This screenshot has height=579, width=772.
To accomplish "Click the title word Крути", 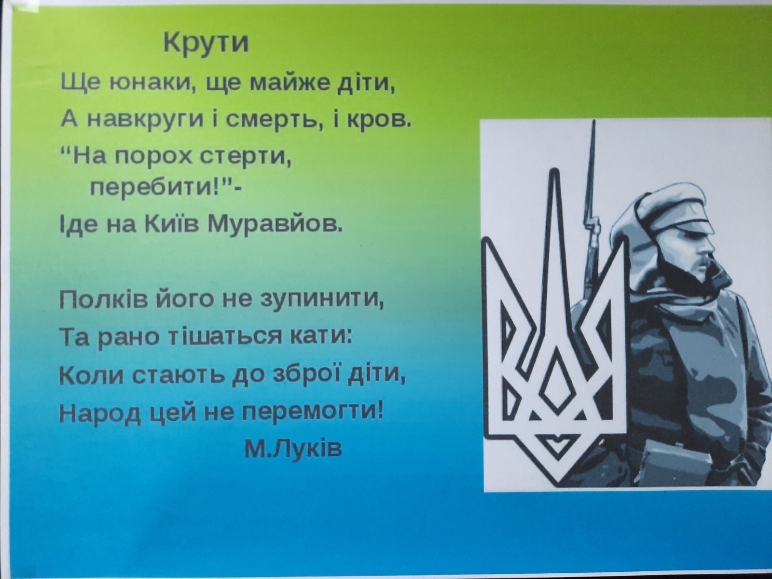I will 206,42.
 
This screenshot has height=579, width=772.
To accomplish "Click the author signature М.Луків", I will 293,449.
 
